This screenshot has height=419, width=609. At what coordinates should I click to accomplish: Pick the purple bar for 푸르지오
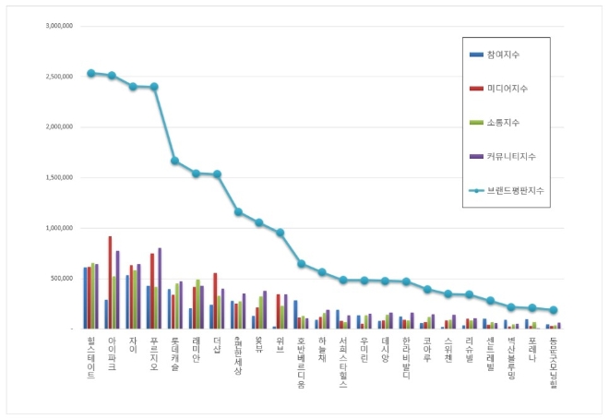point(160,288)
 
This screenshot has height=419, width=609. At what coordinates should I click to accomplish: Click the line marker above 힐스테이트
point(90,73)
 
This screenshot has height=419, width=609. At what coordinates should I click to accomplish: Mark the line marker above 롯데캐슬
point(174,161)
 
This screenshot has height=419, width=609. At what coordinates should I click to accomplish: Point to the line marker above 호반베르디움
point(301,264)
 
